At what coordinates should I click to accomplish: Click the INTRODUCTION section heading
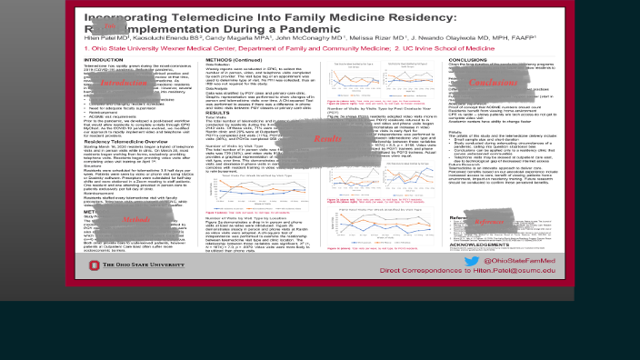[103, 60]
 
